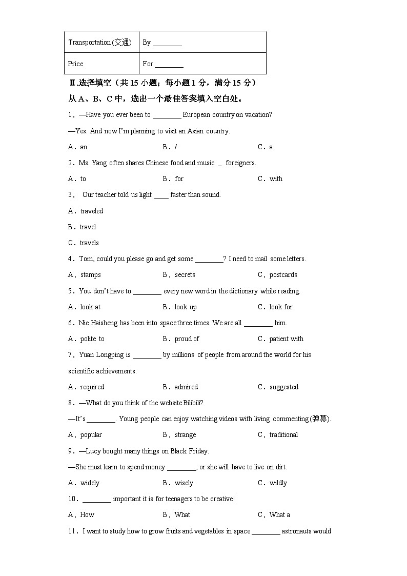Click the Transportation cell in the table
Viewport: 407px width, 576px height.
(x=100, y=43)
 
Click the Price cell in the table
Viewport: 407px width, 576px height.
(x=75, y=64)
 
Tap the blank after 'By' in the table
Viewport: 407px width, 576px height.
(x=168, y=44)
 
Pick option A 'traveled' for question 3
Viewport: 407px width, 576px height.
(x=91, y=211)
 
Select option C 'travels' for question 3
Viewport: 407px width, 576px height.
(x=89, y=243)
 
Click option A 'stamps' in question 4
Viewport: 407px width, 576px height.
(x=90, y=275)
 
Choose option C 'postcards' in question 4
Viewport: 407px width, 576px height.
(x=283, y=275)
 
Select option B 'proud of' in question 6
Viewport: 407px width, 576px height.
(x=187, y=339)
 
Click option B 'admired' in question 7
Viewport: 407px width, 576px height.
(x=186, y=387)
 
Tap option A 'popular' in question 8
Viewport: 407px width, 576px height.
(x=91, y=435)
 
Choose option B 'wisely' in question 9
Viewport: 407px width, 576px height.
(x=184, y=483)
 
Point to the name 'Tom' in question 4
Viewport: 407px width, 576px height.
(x=85, y=259)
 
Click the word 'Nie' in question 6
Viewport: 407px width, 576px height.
(x=84, y=323)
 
